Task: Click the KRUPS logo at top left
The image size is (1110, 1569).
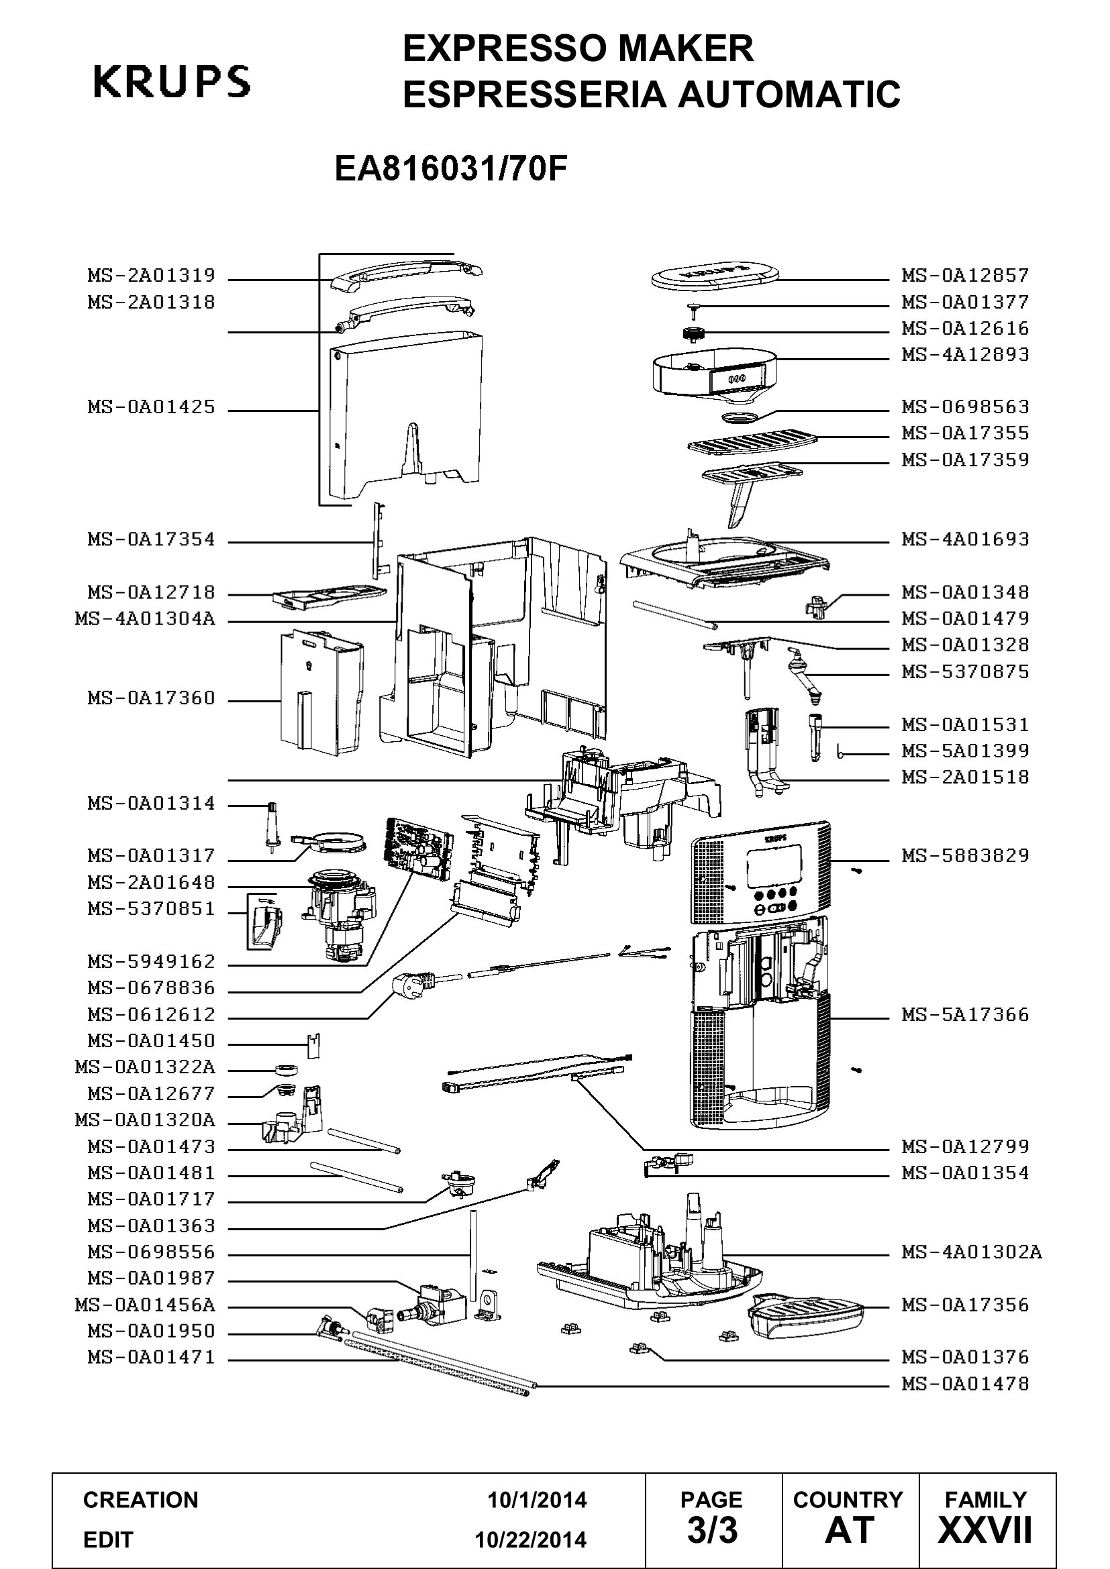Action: pos(172,82)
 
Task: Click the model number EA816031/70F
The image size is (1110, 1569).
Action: pos(451,169)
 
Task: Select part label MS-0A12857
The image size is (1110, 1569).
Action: pos(965,276)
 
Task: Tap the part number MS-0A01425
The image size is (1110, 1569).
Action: pos(151,407)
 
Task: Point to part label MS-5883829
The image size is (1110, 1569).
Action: pos(965,855)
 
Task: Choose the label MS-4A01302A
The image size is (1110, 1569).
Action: pos(972,1252)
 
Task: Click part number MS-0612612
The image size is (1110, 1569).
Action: pos(151,1015)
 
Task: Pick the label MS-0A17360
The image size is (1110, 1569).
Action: pos(151,698)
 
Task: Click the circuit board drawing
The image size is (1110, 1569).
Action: pos(417,847)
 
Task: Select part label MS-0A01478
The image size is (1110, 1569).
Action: pos(965,1384)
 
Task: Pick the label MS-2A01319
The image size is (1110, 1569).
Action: pos(151,276)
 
